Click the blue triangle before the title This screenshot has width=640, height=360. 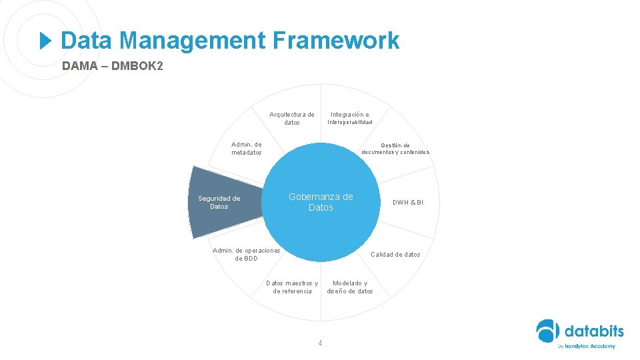point(45,41)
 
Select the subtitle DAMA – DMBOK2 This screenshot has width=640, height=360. point(112,67)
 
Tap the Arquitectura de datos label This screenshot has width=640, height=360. point(292,119)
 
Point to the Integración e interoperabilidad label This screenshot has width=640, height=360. point(350,119)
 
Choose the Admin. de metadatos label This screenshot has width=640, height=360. point(247,148)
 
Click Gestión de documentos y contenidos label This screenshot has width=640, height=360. point(395,148)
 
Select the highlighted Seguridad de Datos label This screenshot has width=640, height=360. point(219,203)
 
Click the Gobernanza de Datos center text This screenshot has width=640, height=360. point(321,202)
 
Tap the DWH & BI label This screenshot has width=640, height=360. point(407,203)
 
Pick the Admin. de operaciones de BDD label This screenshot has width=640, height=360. point(246,255)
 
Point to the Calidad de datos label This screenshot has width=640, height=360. point(395,255)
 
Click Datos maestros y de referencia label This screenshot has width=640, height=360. point(292,287)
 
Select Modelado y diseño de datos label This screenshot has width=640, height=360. point(350,287)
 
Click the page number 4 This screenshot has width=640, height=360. point(320,343)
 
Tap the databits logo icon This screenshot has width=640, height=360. point(549,332)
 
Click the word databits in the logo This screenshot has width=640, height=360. point(593,331)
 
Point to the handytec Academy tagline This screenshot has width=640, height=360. point(586,346)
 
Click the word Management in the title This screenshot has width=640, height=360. point(193,41)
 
